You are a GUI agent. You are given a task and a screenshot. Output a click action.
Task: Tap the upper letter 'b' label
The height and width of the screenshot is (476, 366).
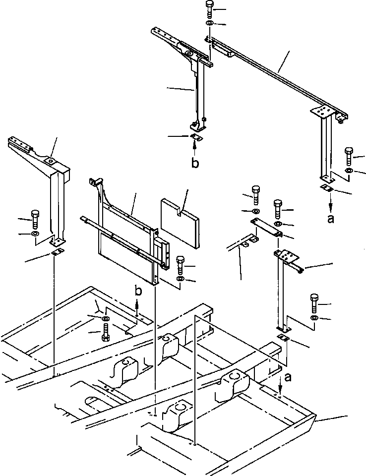[x=195, y=163]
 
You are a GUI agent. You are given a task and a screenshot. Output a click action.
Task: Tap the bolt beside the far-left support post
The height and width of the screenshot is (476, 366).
[x=35, y=219]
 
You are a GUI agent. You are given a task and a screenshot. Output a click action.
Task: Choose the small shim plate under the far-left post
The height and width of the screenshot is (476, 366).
[x=57, y=254]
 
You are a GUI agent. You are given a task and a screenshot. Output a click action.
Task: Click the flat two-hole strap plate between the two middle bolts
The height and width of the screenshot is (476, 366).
[x=267, y=226]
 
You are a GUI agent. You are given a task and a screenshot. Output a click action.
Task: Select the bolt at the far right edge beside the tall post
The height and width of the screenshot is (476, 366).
[x=349, y=156]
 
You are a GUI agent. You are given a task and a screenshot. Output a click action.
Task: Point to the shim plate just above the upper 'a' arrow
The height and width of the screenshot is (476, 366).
[x=327, y=188]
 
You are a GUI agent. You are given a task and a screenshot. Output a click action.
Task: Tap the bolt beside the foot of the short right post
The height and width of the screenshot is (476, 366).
[x=314, y=302]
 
